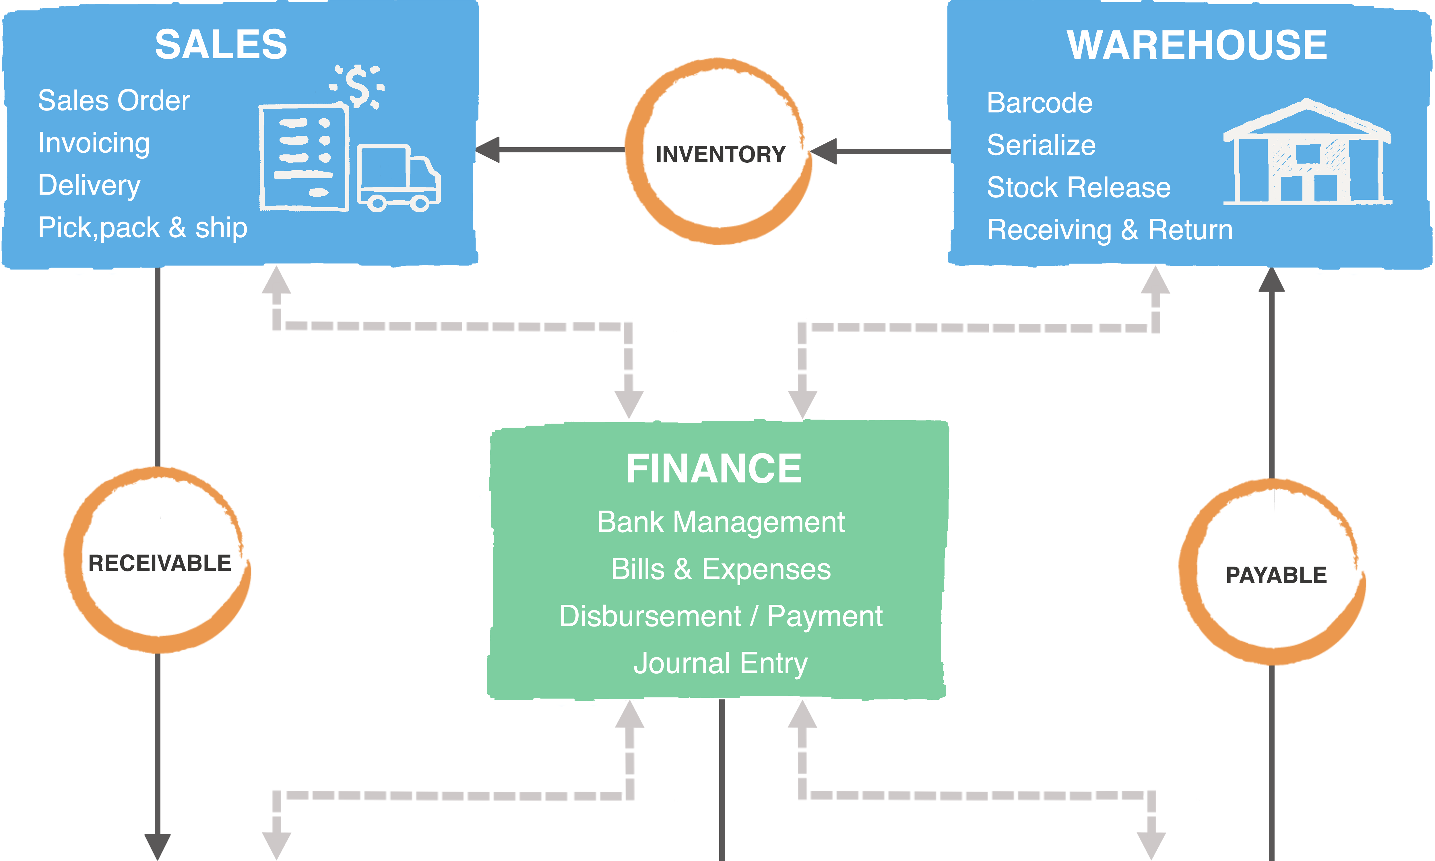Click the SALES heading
tap(221, 45)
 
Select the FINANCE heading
tap(714, 469)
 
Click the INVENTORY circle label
tap(720, 154)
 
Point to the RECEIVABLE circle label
tap(160, 563)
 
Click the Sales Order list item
tap(114, 100)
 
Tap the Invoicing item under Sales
tap(94, 143)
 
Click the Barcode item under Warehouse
tap(1040, 103)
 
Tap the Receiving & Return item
tap(1110, 230)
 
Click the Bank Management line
tap(720, 521)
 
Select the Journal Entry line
tap(720, 663)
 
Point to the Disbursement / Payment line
tap(720, 616)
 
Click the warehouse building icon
tap(1307, 154)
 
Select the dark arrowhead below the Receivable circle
tap(157, 846)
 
